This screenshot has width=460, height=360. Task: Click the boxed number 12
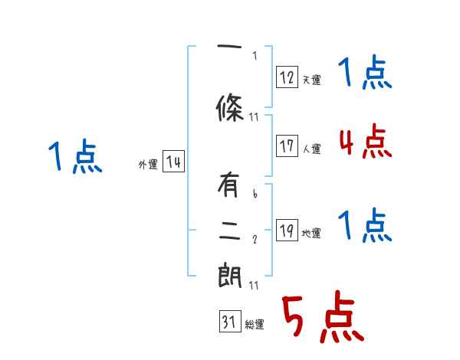point(287,77)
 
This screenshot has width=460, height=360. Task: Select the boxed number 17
point(287,146)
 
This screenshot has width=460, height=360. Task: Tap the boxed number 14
point(173,162)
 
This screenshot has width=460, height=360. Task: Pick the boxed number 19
point(287,231)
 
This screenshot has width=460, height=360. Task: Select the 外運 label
point(147,165)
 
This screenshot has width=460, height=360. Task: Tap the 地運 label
point(312,234)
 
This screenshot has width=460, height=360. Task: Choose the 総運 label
point(255,325)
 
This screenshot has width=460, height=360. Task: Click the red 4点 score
point(366,142)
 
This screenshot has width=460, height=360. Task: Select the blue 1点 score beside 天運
point(366,74)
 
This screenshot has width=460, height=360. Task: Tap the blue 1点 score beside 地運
point(366,226)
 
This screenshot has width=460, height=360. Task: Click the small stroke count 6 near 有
point(255,195)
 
